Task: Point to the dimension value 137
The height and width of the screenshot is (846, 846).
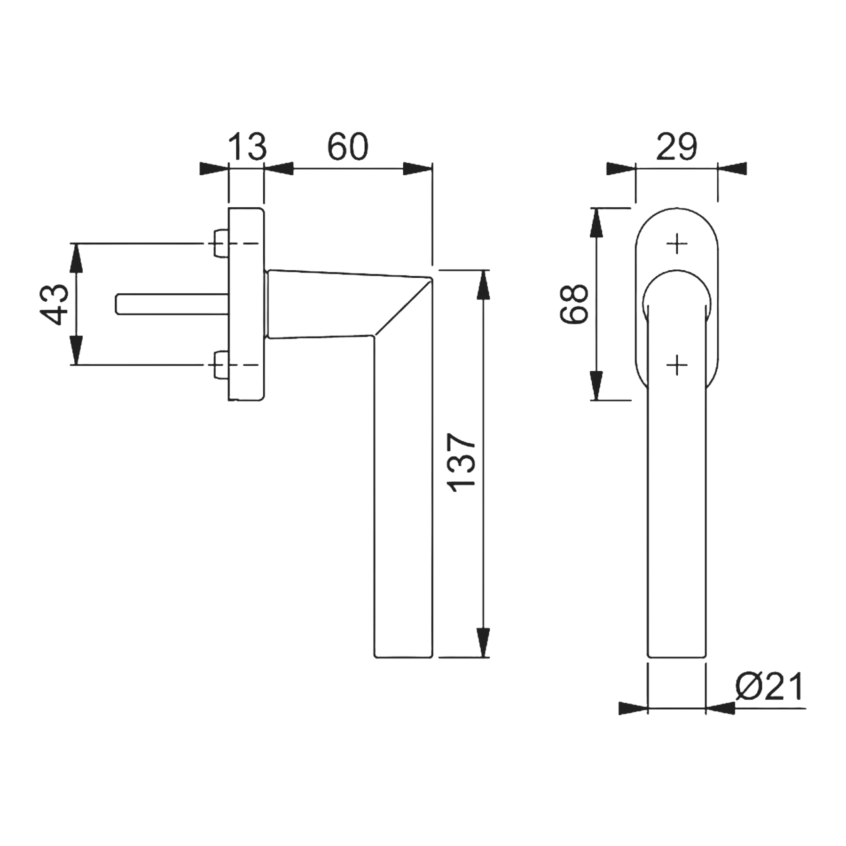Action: (462, 462)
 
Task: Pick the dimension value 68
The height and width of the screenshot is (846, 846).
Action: (574, 304)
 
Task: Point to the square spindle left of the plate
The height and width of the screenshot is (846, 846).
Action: (172, 304)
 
